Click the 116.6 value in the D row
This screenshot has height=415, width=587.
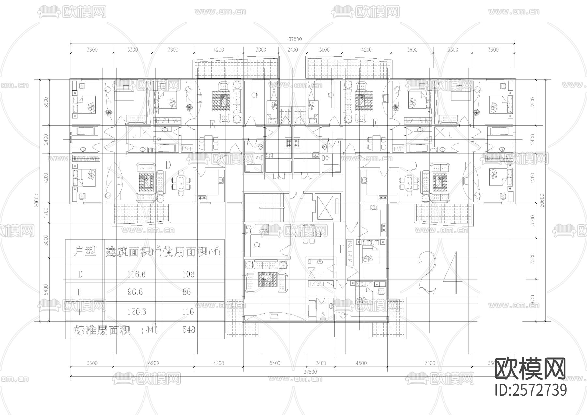[136, 274]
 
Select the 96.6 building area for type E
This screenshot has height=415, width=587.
[135, 292]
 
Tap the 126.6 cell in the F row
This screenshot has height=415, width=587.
[137, 312]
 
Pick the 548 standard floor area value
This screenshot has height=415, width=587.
[188, 330]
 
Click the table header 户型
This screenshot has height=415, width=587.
[84, 252]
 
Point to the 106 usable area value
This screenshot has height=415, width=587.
[188, 274]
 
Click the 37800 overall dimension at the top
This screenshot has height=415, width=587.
[295, 39]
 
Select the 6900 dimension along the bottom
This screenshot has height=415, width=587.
[153, 363]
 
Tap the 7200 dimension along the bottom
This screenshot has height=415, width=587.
[429, 363]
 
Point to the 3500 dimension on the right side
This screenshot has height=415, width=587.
[533, 259]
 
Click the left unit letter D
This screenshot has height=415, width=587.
[168, 165]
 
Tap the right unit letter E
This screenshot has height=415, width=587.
[375, 123]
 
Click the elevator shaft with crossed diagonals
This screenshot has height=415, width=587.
[328, 208]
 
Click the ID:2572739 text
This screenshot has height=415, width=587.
[531, 390]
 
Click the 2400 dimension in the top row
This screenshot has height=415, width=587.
[293, 50]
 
